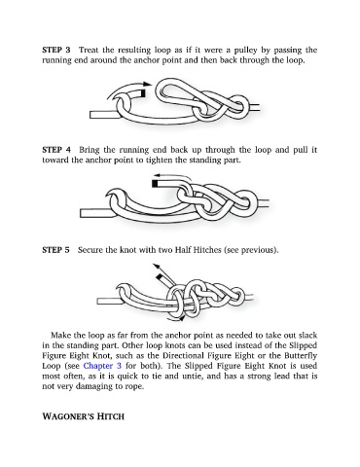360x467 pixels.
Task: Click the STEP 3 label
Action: tap(56, 50)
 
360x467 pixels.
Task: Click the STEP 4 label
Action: tap(56, 150)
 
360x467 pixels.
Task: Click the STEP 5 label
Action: tap(55, 250)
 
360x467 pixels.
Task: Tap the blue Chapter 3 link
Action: tap(102, 366)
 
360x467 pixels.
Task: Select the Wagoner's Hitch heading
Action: tap(83, 416)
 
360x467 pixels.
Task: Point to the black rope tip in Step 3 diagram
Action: tap(143, 93)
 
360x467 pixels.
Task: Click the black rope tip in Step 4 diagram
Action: tap(155, 184)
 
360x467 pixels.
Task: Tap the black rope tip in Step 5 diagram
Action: tap(160, 277)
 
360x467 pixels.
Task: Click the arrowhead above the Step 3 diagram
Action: tap(148, 84)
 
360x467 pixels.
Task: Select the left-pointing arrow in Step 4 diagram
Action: tap(173, 176)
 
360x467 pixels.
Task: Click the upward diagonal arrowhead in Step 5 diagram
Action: tap(157, 267)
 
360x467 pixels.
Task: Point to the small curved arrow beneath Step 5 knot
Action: tap(178, 318)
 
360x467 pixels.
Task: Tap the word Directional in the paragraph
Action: tap(183, 355)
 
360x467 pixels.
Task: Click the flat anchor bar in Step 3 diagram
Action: tap(103, 115)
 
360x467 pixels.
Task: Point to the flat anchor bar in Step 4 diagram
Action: tap(95, 213)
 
